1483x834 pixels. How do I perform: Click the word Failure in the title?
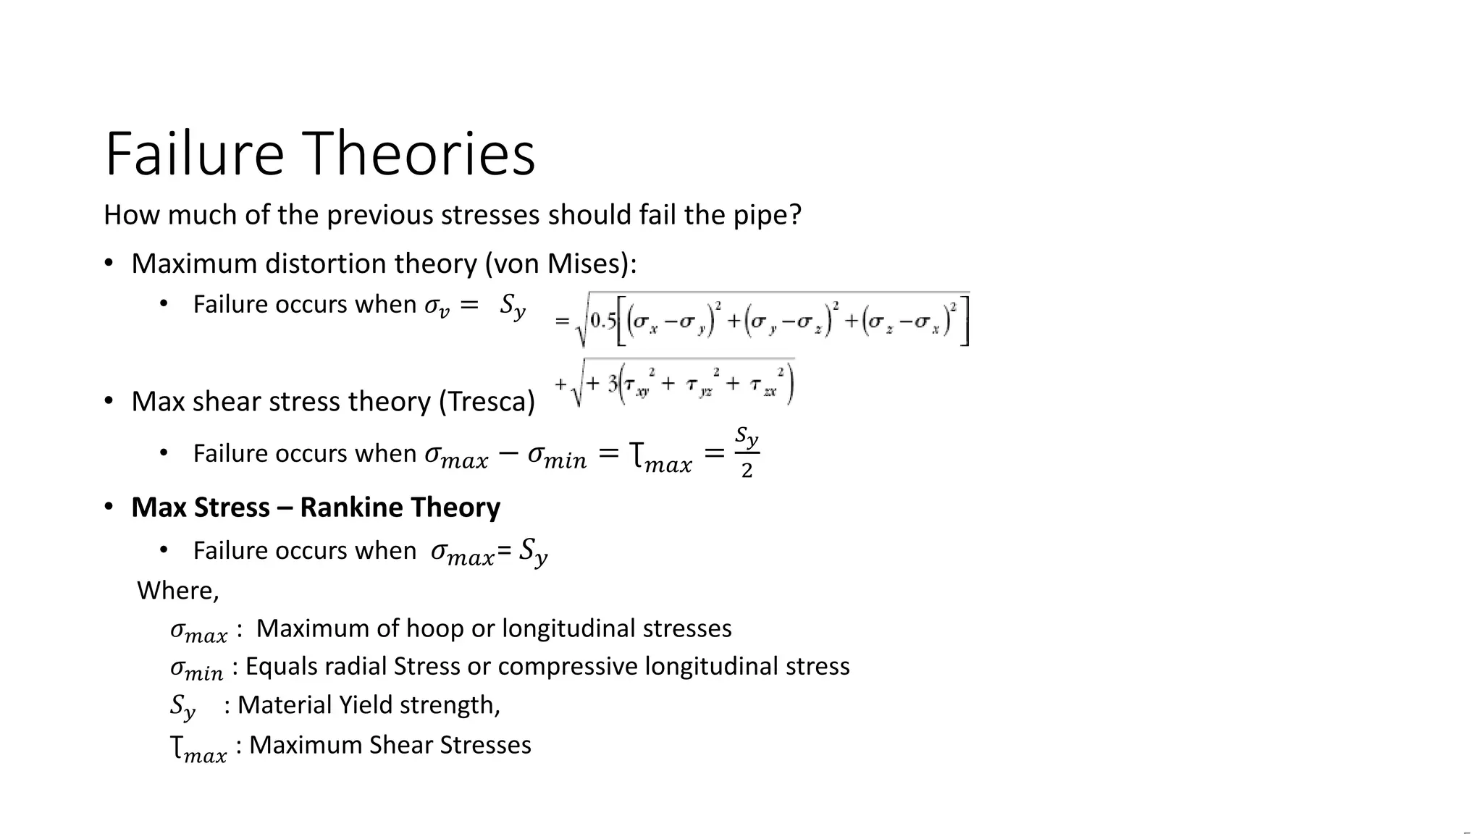[x=194, y=154]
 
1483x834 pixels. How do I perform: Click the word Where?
[x=177, y=591]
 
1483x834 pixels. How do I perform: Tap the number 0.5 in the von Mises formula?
[x=602, y=321]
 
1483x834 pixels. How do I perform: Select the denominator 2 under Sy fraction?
[x=747, y=471]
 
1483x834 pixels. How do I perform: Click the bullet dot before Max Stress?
[x=109, y=507]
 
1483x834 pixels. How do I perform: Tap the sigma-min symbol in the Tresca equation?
[x=557, y=456]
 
